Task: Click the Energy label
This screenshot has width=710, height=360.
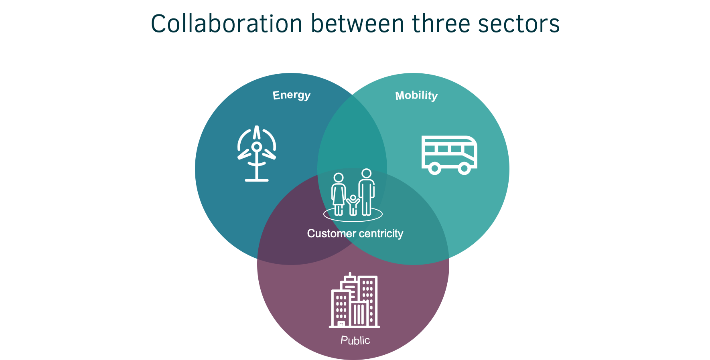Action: coord(291,95)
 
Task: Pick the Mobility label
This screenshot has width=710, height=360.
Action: coord(416,96)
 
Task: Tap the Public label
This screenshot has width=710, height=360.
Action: coord(355,340)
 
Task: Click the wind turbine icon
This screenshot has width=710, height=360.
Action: coord(257,154)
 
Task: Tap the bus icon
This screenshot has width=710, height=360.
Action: coord(449,155)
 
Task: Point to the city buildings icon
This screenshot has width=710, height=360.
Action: coord(354,300)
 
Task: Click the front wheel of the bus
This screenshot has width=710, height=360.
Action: coord(464,168)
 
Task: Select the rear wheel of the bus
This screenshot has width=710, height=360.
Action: coord(434,168)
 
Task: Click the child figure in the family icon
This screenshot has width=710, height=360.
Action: coord(353,205)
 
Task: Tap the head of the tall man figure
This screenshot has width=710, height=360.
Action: coord(366,174)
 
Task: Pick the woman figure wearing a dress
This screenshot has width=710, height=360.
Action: coord(339,194)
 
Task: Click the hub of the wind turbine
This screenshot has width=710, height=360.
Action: coord(257,146)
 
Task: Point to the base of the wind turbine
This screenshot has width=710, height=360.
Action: coord(257,180)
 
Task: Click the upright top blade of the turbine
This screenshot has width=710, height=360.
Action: coord(257,133)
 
